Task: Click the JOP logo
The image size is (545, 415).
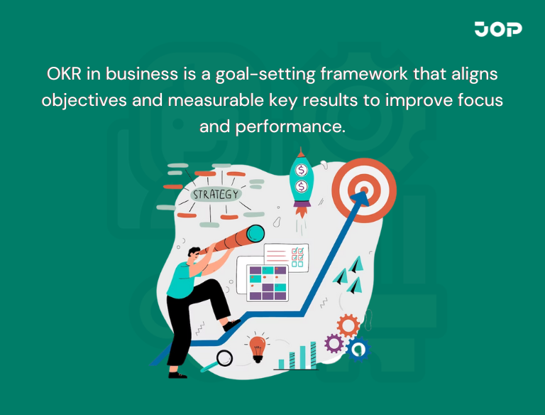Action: (x=497, y=29)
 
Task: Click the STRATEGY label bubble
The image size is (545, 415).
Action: (x=216, y=193)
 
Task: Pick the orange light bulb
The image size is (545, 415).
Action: (x=258, y=347)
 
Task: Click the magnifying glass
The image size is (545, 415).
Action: (x=224, y=357)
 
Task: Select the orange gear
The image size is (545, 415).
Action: (x=348, y=325)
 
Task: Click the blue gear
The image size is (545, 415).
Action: (x=358, y=349)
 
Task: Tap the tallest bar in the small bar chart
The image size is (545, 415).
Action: (x=312, y=355)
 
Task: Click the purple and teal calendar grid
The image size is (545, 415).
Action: (x=266, y=281)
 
